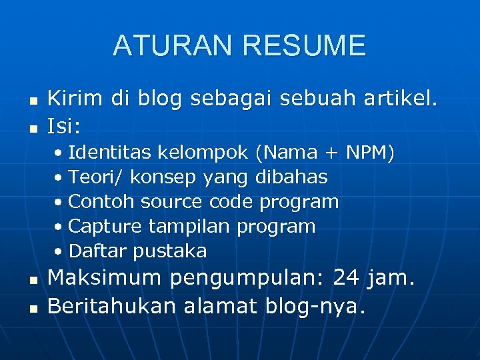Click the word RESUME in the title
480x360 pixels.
click(x=305, y=46)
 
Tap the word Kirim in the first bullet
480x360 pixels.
click(x=75, y=99)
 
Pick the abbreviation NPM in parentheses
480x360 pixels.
click(x=365, y=153)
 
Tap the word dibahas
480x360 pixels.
click(x=292, y=177)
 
